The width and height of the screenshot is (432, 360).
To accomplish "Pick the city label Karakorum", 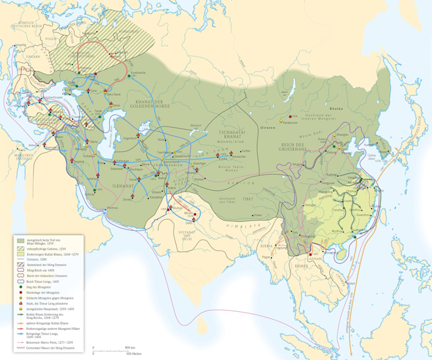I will click(290, 123).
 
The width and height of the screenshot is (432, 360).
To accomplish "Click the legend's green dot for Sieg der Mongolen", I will click(21, 285).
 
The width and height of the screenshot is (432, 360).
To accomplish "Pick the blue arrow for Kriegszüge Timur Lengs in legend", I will click(21, 334).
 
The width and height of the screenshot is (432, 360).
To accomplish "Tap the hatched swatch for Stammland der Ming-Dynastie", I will click(21, 264).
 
